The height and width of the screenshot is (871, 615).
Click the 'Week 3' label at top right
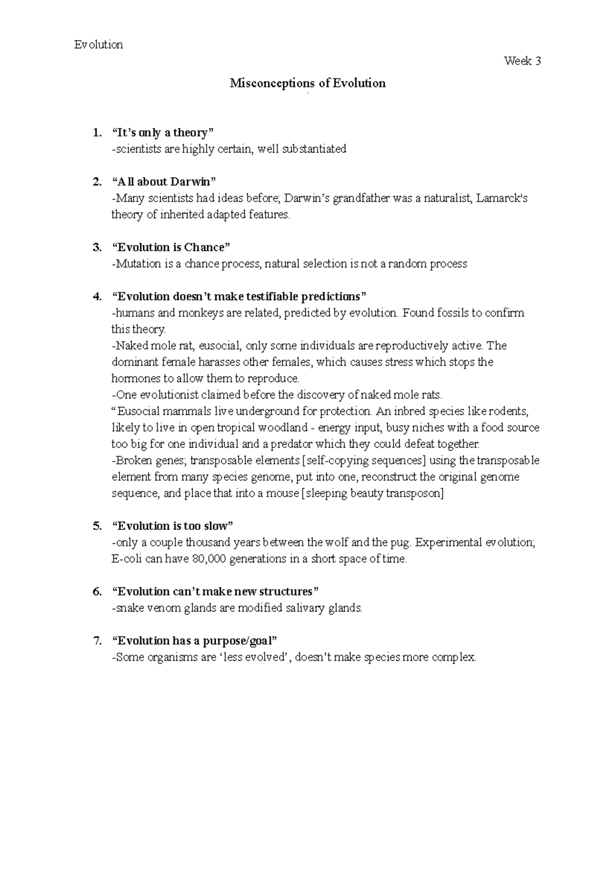point(522,62)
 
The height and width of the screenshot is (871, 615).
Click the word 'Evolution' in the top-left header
point(98,45)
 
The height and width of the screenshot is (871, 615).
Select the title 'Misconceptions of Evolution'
point(307,83)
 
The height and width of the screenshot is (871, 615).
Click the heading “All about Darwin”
point(164,182)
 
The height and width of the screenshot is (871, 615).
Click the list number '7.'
point(97,641)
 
